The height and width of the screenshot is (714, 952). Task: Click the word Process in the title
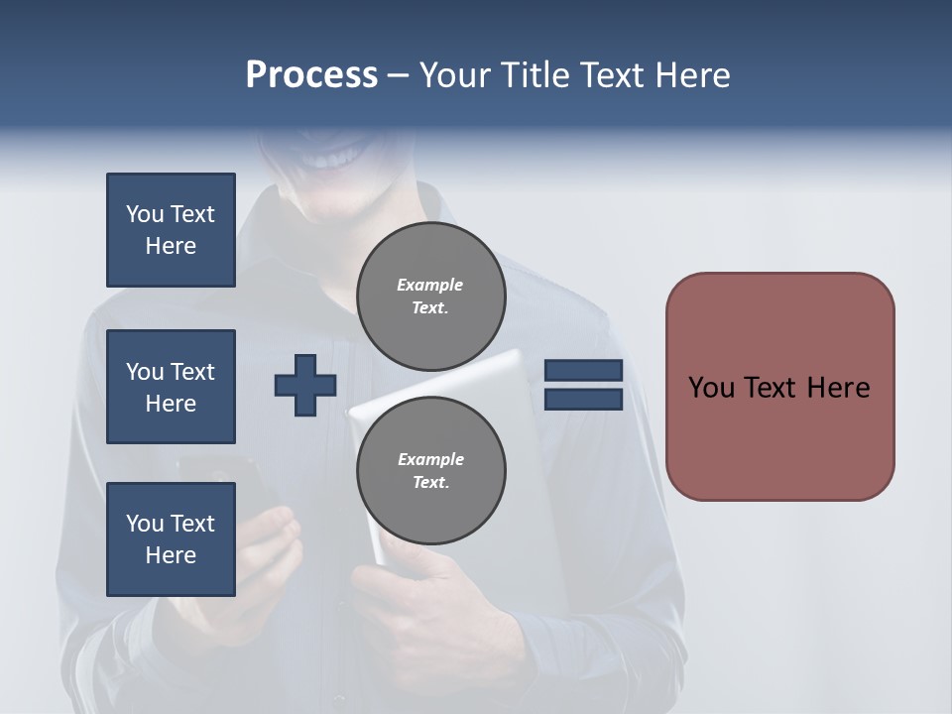pos(311,75)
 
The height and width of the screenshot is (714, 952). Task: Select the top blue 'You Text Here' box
pos(171,230)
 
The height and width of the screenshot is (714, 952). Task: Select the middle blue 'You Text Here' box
pos(171,387)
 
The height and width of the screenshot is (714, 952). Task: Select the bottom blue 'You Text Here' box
pos(171,539)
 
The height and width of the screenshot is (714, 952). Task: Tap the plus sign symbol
pos(305,385)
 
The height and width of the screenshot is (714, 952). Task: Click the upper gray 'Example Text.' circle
pos(430,297)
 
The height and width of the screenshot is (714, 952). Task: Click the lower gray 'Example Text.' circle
pos(430,471)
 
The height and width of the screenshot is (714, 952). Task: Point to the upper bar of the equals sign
pos(583,371)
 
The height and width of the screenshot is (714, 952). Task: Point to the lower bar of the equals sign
pos(583,399)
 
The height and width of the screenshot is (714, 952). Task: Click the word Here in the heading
pos(691,75)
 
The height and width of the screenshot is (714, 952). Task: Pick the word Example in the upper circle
pos(430,285)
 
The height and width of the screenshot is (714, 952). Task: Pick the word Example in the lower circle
pos(430,459)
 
